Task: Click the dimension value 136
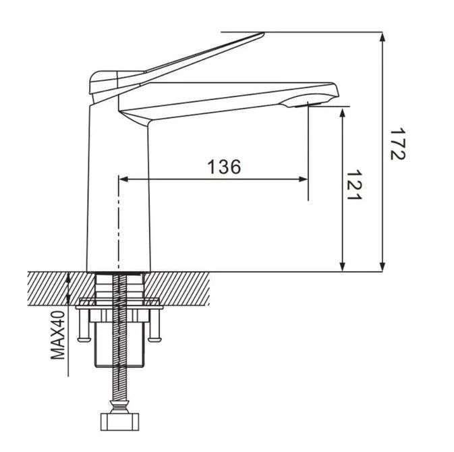(225, 167)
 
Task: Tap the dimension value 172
(398, 144)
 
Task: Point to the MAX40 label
(57, 335)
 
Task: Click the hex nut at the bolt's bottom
(119, 422)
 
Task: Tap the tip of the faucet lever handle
(263, 34)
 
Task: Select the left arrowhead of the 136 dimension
(123, 179)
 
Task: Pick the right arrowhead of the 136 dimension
(303, 179)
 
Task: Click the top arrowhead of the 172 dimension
(382, 37)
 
